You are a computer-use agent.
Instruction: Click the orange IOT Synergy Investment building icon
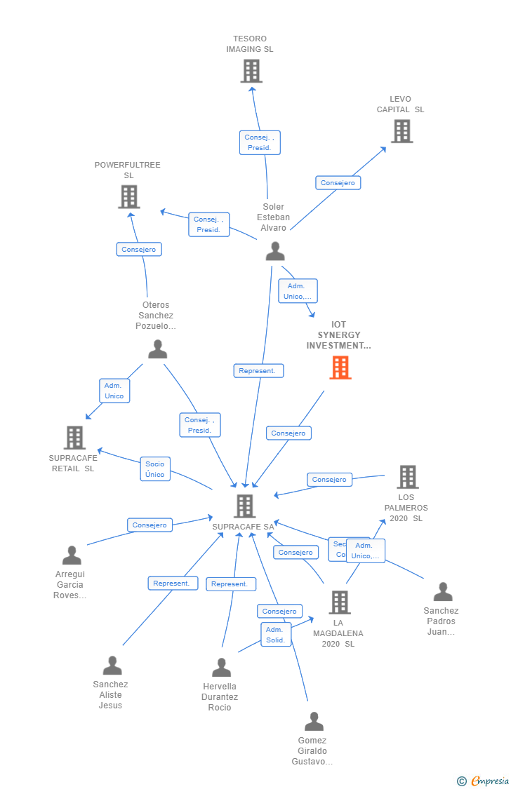[x=340, y=367]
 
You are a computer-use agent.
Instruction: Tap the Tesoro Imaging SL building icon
[x=251, y=71]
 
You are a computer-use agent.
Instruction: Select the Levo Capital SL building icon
[x=401, y=131]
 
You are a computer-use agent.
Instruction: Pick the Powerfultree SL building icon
[x=128, y=197]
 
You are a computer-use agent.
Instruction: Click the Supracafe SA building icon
[x=244, y=506]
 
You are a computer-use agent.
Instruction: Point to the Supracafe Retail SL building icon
[x=74, y=438]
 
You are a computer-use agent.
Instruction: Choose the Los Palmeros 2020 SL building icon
[x=407, y=477]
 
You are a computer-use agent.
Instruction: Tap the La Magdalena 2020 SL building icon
[x=340, y=602]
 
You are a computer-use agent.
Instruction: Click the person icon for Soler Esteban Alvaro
[x=275, y=251]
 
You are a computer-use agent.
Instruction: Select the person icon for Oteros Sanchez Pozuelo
[x=157, y=349]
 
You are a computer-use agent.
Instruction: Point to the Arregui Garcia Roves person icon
[x=72, y=555]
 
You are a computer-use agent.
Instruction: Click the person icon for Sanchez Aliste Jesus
[x=112, y=666]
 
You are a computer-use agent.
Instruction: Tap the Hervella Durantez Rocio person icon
[x=222, y=668]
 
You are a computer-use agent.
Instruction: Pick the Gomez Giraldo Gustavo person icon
[x=314, y=721]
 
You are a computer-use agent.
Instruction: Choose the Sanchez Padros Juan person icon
[x=442, y=592]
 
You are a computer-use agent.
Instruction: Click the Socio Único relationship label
[x=155, y=469]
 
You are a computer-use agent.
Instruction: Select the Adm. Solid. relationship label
[x=276, y=635]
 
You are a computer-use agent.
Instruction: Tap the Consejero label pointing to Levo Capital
[x=338, y=183]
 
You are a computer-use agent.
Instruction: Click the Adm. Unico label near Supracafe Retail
[x=114, y=391]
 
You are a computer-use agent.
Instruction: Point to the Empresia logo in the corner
[x=484, y=781]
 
